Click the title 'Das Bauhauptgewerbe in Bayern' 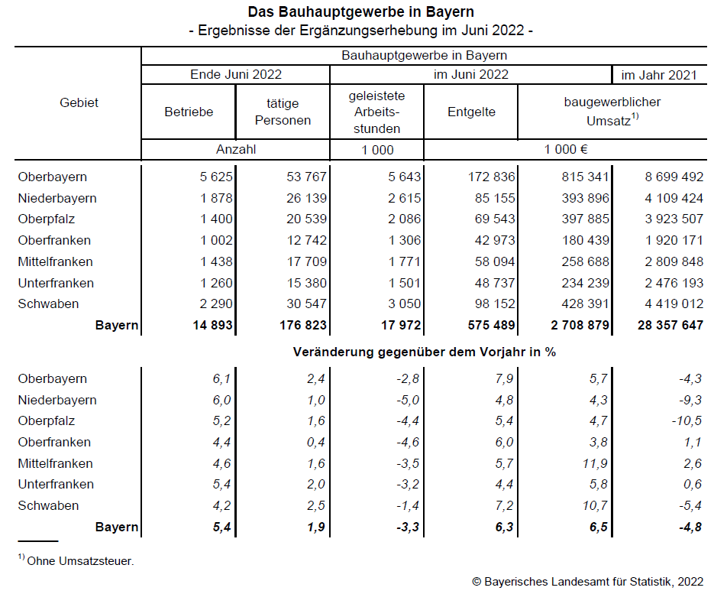pos(360,11)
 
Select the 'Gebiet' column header pos(79,102)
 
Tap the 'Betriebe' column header pos(189,112)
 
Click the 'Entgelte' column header pos(471,112)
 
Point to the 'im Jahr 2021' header pos(659,75)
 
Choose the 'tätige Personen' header pos(283,112)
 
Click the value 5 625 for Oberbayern pos(216,177)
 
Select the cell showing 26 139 pos(306,198)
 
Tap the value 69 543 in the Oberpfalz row pos(495,219)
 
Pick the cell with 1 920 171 pos(674,240)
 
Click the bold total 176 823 pos(303,325)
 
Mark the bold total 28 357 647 pos(670,325)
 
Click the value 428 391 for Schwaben pos(586,303)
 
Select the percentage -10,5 pos(687,420)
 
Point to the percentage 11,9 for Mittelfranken pos(595,463)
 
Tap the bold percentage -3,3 pos(408,527)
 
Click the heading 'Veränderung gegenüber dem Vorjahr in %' pos(425,352)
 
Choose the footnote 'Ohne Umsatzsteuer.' pos(81,561)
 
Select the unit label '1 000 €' pos(566,150)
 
